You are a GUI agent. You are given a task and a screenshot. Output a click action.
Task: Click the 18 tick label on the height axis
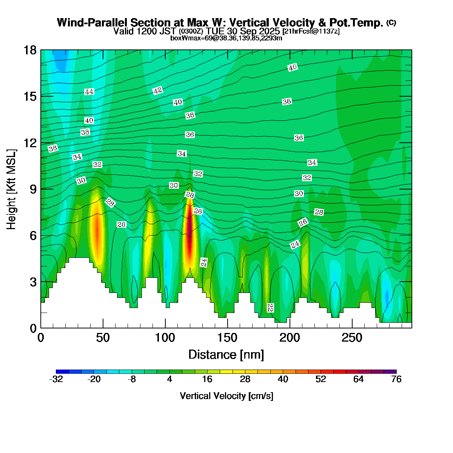(x=30, y=50)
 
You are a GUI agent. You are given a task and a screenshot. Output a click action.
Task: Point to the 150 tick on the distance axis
(x=227, y=337)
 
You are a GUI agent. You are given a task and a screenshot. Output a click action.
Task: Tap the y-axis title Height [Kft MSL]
(x=12, y=189)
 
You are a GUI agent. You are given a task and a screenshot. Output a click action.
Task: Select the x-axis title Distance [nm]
(x=226, y=355)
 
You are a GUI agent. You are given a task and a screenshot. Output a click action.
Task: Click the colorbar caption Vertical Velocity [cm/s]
(x=226, y=396)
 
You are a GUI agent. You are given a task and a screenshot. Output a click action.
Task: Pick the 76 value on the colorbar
(x=396, y=379)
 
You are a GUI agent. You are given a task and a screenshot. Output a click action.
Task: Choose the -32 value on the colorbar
(x=56, y=379)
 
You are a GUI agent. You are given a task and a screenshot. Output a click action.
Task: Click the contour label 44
(x=89, y=92)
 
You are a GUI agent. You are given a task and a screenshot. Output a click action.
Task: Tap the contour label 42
(x=157, y=91)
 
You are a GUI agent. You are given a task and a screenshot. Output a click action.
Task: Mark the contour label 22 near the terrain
(x=270, y=308)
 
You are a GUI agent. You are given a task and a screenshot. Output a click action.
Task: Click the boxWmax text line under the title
(x=226, y=38)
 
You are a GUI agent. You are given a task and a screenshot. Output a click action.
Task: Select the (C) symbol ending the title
(x=391, y=23)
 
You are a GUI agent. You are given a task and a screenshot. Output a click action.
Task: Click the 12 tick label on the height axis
(x=30, y=143)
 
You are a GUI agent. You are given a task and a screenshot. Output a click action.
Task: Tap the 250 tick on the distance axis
(x=352, y=337)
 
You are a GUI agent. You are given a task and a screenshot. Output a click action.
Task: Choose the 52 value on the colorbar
(x=320, y=379)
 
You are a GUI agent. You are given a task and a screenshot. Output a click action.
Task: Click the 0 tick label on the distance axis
(x=41, y=337)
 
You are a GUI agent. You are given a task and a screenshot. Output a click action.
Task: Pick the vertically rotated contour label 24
(x=204, y=263)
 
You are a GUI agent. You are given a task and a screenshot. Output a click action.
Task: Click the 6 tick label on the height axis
(x=33, y=236)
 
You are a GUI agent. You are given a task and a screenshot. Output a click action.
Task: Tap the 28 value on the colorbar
(x=245, y=379)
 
